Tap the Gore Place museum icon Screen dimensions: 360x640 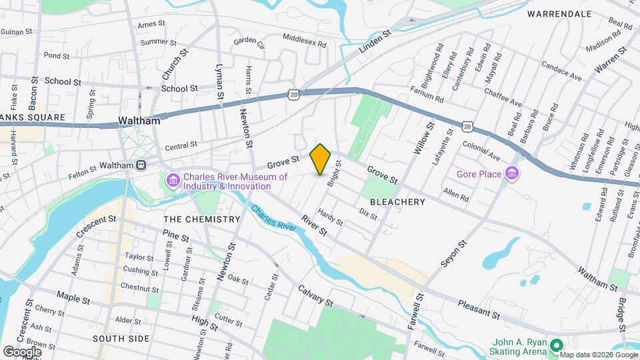(512, 175)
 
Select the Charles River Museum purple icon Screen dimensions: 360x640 (173, 180)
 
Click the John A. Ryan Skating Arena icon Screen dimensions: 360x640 (555, 345)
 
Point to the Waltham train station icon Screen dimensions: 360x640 (141, 165)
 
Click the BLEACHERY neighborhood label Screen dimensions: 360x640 (397, 201)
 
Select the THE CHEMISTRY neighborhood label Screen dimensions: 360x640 (201, 219)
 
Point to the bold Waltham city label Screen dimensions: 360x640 (139, 121)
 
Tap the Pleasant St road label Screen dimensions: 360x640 (479, 309)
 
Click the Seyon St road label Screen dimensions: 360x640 (452, 254)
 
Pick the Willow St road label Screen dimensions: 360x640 (424, 138)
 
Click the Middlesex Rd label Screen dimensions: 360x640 (305, 41)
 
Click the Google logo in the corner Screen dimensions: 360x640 (22, 351)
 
